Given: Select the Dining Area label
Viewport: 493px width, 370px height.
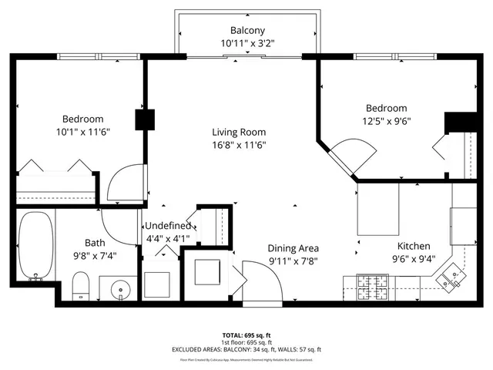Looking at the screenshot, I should coord(293,248).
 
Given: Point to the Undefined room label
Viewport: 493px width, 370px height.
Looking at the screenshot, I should coord(167,226).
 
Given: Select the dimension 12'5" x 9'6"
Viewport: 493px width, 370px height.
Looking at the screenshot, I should coord(386,121).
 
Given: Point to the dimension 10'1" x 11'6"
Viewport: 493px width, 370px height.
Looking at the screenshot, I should coord(83,132).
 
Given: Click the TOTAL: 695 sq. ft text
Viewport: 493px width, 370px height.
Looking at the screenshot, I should coord(246,336).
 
